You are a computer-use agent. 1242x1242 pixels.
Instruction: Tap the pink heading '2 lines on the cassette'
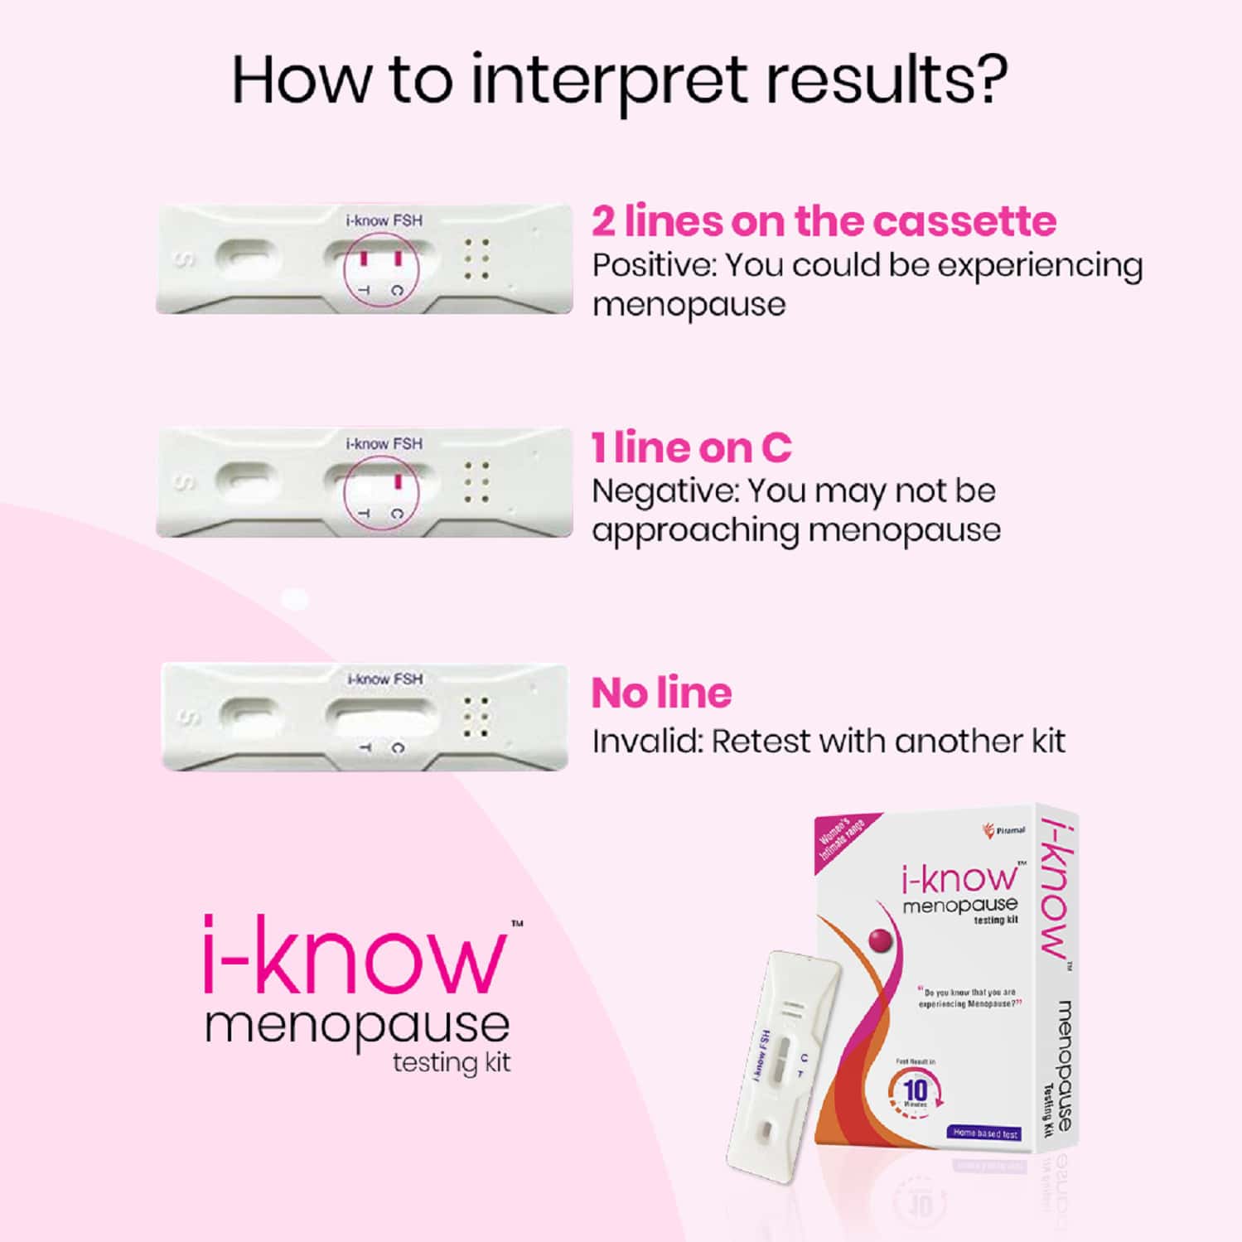[824, 221]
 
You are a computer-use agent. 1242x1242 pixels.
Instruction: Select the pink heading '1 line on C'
[691, 447]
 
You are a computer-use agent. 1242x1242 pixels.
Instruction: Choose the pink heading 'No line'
[661, 693]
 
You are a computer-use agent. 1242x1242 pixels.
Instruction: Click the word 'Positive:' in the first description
[654, 266]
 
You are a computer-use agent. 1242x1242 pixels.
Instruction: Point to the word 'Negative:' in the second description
[664, 491]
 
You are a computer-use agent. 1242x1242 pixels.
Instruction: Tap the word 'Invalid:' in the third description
[646, 741]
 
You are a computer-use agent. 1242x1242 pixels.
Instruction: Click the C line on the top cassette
[398, 259]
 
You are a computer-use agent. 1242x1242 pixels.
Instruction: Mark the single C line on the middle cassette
[398, 481]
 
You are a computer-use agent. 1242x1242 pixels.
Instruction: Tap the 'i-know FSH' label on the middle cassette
[384, 444]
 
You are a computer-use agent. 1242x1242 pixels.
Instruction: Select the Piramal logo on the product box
[1003, 830]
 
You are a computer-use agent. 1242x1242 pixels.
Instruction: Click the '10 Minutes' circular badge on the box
[916, 1091]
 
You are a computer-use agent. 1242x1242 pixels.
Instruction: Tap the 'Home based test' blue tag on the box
[985, 1133]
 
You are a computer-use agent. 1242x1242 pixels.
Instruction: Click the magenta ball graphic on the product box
[880, 939]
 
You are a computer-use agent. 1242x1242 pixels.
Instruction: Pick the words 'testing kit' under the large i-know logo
[452, 1062]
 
